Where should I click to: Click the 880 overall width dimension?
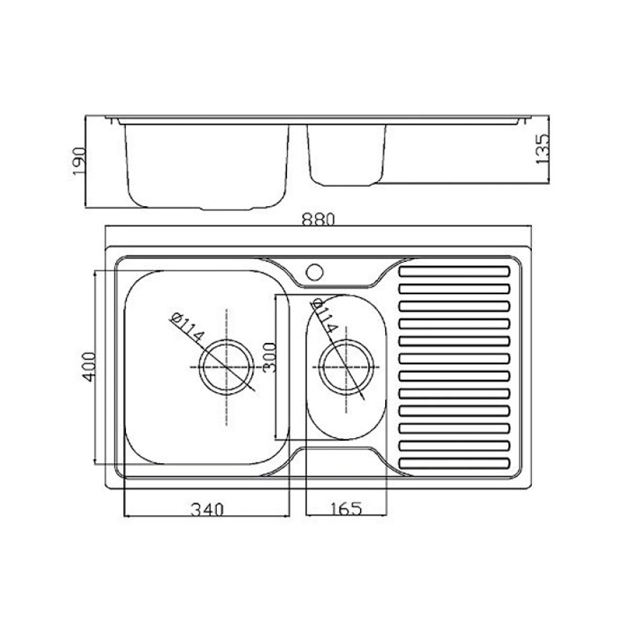click(x=317, y=220)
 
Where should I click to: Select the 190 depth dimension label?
click(x=79, y=161)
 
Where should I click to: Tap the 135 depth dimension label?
click(x=542, y=149)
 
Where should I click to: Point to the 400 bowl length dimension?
click(x=88, y=367)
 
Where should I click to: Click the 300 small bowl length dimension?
click(x=270, y=357)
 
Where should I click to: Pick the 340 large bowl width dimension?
click(x=207, y=510)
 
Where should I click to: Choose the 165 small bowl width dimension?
click(x=346, y=509)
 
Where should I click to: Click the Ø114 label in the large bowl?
click(x=188, y=327)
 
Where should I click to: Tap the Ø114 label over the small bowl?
click(x=324, y=316)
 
